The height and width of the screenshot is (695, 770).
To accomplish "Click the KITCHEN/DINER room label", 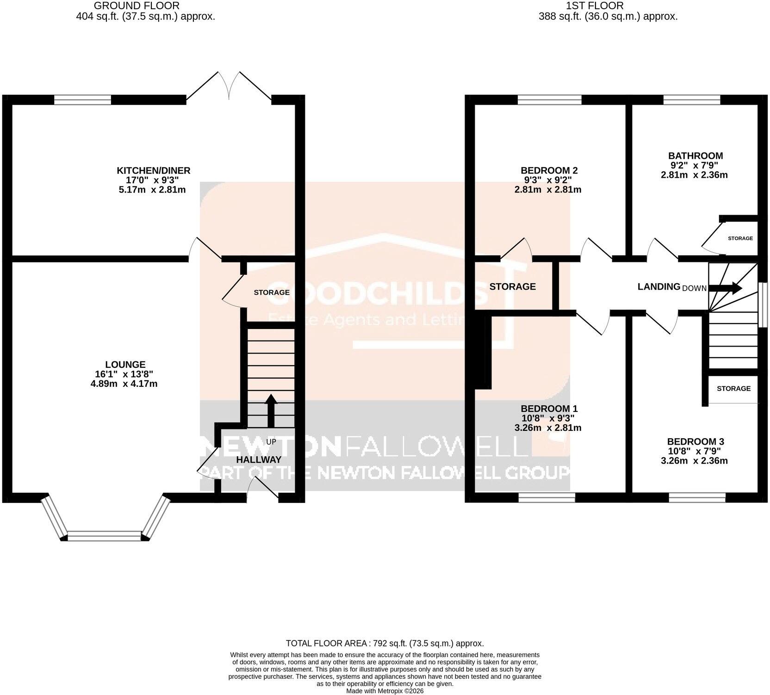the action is pyautogui.click(x=153, y=171).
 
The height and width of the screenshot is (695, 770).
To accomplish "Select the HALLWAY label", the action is pyautogui.click(x=259, y=459).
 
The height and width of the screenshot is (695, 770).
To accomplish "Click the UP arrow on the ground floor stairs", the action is pyautogui.click(x=271, y=410).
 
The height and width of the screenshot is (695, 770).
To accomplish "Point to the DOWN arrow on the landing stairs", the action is pyautogui.click(x=726, y=288).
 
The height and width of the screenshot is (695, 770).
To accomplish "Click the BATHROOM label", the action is pyautogui.click(x=695, y=156).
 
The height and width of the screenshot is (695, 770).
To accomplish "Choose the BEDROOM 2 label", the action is pyautogui.click(x=549, y=171).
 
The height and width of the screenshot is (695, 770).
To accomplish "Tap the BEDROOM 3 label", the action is pyautogui.click(x=695, y=441).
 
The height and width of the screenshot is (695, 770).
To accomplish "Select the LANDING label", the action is pyautogui.click(x=658, y=286).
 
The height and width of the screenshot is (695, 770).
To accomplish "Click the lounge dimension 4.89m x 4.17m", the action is pyautogui.click(x=124, y=384).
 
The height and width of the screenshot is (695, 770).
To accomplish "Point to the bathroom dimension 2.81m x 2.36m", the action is pyautogui.click(x=694, y=175).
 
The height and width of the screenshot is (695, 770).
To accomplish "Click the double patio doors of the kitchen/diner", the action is pyautogui.click(x=229, y=87).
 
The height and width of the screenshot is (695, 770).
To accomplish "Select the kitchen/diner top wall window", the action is pyautogui.click(x=82, y=99).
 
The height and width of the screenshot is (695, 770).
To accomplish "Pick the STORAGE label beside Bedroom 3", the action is pyautogui.click(x=733, y=388).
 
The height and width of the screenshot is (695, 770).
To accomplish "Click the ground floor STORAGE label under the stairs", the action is pyautogui.click(x=272, y=292).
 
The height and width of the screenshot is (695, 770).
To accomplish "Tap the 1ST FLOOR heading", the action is pyautogui.click(x=595, y=6).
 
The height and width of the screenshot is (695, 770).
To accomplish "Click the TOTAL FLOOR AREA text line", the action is pyautogui.click(x=385, y=643).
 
